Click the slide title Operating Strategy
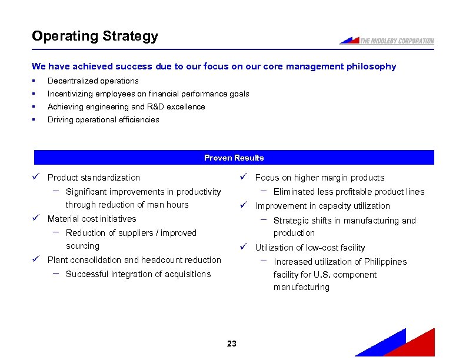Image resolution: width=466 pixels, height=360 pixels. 95,36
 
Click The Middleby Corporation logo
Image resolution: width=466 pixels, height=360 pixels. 387,41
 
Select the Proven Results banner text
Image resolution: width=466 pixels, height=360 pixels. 234,158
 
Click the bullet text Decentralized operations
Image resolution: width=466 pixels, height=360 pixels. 93,81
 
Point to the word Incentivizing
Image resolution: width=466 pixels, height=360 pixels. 72,94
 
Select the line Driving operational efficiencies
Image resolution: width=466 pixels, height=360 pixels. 103,120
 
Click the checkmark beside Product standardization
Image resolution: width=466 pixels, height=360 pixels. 36,177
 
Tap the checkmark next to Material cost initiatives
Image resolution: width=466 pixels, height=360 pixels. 36,218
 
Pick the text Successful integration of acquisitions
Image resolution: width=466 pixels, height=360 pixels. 138,274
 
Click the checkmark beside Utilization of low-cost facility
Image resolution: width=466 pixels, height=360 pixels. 244,247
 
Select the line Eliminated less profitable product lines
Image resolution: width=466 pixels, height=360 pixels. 348,192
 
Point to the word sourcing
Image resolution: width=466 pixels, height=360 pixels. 82,246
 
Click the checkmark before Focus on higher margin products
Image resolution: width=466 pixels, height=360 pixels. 244,177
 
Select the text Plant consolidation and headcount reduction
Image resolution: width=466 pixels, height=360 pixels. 134,260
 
